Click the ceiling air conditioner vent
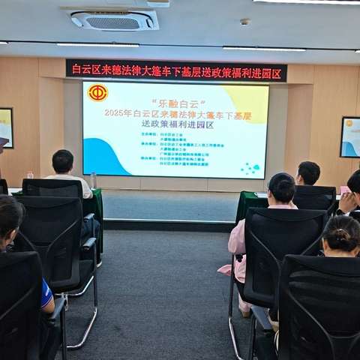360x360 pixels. click(x=114, y=19)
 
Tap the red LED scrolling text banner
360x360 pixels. click(x=175, y=70)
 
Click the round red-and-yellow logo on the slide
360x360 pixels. click(x=97, y=93)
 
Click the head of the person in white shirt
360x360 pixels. click(x=63, y=161)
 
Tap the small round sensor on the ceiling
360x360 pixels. click(x=244, y=22)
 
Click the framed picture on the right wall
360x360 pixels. click(x=350, y=136)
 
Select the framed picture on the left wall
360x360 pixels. click(x=6, y=127)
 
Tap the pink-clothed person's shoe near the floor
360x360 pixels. click(x=244, y=310)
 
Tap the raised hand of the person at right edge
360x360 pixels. click(x=347, y=201)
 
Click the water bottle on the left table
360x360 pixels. click(x=93, y=180)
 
